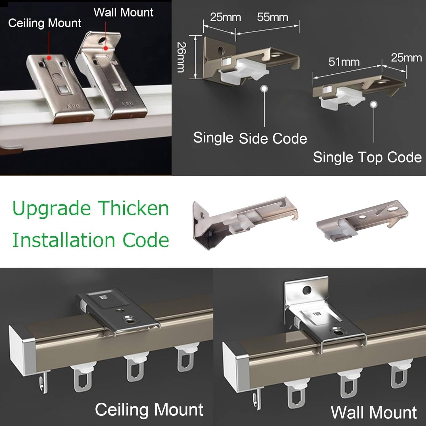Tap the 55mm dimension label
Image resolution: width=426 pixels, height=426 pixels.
(273, 17)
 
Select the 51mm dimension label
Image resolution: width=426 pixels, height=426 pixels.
(344, 62)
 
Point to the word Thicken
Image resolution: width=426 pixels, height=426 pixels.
(134, 208)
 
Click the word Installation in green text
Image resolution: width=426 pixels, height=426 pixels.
(63, 240)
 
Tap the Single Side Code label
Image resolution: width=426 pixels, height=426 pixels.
(250, 138)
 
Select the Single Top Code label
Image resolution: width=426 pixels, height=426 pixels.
(367, 157)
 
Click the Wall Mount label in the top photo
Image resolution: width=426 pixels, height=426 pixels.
(124, 12)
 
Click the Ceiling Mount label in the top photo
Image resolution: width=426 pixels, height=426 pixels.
(45, 23)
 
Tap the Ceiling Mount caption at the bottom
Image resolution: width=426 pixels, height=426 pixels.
(149, 410)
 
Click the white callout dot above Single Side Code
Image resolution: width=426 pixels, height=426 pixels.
(264, 89)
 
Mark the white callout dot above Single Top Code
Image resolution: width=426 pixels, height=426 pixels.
(374, 105)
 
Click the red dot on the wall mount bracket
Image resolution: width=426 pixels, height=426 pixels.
(106, 48)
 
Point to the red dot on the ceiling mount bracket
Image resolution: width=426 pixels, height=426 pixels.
(49, 58)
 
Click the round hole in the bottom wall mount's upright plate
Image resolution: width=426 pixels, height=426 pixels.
(307, 290)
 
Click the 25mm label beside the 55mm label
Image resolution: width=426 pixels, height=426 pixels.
(225, 17)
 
